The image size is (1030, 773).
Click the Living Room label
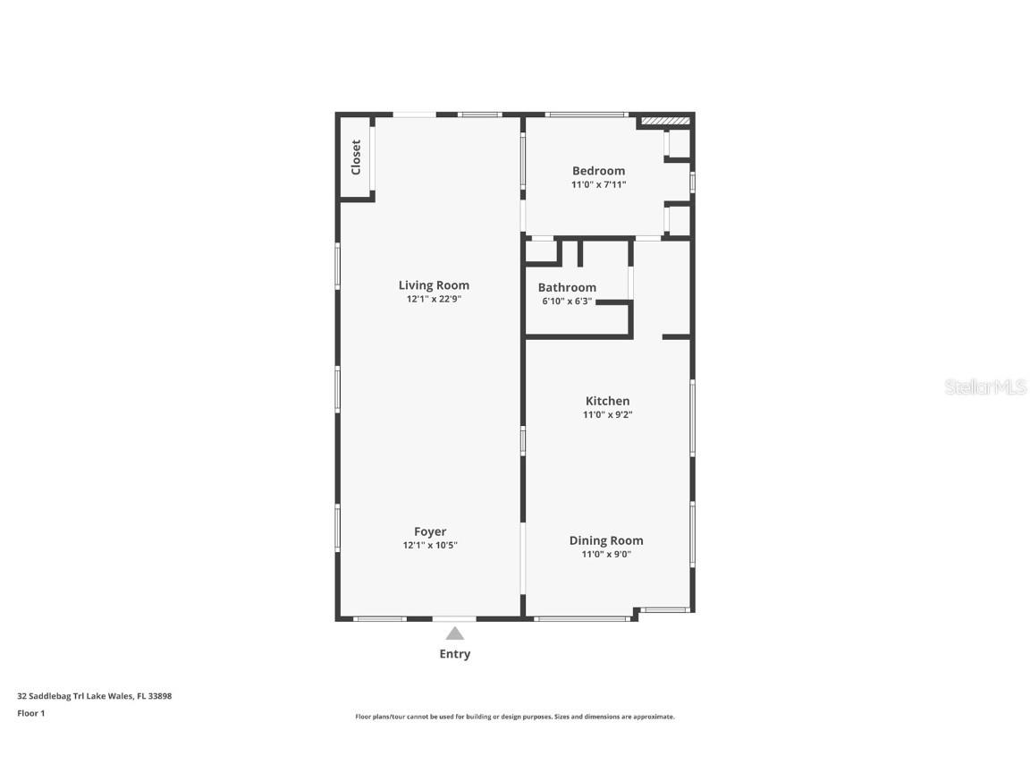point(434,285)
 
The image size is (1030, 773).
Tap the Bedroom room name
point(598,171)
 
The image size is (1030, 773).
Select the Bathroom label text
point(567,287)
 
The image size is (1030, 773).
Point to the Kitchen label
point(608,401)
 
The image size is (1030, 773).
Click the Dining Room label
point(606,541)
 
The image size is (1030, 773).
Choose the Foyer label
point(430,531)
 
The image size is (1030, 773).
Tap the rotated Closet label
point(356,157)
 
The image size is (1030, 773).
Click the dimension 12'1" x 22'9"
point(434,299)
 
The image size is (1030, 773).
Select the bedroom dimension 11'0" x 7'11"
point(598,184)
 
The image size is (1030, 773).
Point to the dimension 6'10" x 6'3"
point(567,302)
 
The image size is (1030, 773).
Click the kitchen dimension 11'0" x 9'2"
point(608,415)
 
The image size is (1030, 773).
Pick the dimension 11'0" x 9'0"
point(606,554)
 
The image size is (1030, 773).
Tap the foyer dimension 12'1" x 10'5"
point(430,545)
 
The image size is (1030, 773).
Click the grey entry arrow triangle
point(455,634)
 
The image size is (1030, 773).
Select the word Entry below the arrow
point(455,654)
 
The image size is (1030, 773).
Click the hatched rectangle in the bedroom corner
point(665,121)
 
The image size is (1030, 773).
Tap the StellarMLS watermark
point(985,387)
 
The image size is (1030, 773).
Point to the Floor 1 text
point(31,713)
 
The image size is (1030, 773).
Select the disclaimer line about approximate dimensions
point(515,718)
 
